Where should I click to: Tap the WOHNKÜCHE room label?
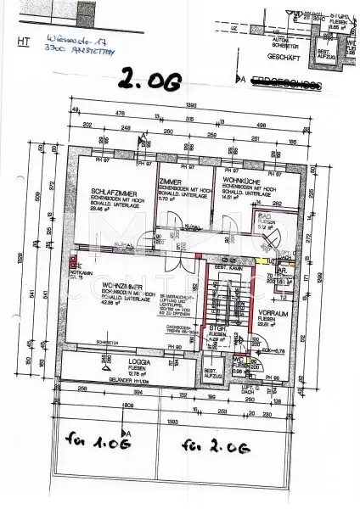pos(240,181)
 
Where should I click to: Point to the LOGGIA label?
pos(104,361)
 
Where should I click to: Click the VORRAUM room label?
pos(271,311)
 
